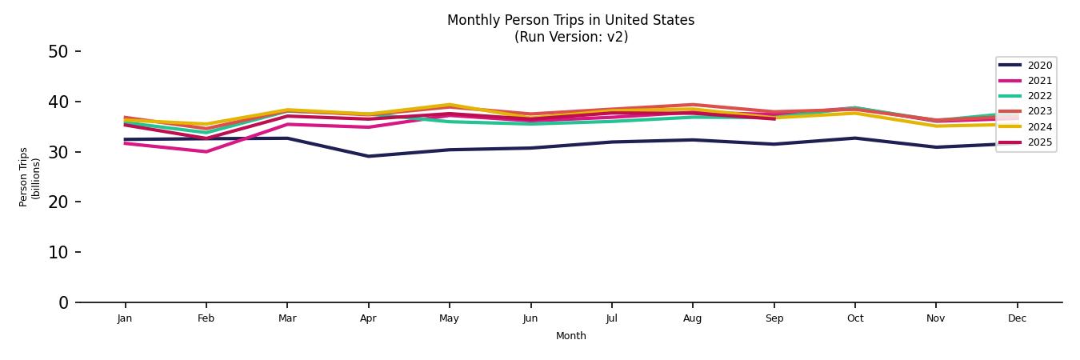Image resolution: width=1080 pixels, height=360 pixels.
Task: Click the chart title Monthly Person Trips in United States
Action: tap(570, 20)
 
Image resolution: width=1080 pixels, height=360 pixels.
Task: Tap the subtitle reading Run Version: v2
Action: tap(570, 37)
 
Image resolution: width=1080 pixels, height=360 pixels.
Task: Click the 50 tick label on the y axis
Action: tap(58, 52)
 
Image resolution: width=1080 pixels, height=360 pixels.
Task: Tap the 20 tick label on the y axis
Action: tap(58, 202)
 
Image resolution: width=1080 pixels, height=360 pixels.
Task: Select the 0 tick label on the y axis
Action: tap(64, 303)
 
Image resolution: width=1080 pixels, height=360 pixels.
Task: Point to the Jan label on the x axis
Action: tap(125, 318)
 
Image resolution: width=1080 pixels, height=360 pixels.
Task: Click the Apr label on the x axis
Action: tap(368, 318)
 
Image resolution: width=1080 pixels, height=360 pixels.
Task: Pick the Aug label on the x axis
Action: tap(692, 318)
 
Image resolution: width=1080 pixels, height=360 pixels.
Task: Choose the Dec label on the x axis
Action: tap(1017, 318)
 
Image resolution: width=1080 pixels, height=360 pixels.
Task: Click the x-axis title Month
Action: tap(570, 336)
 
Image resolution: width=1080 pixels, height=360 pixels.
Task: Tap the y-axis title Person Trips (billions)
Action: tap(30, 177)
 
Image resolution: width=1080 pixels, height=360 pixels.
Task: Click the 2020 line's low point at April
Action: tap(368, 156)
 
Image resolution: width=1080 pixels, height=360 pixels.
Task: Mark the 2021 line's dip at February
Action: tap(206, 151)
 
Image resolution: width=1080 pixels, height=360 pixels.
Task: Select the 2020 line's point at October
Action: tap(854, 138)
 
